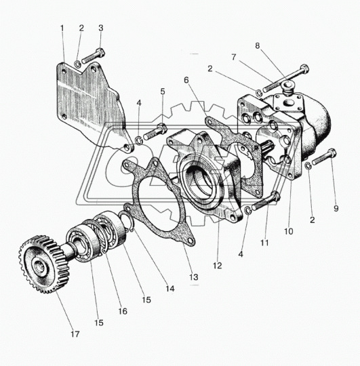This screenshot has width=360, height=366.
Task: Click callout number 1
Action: pyautogui.click(x=62, y=28)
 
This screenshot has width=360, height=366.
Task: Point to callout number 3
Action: pyautogui.click(x=101, y=28)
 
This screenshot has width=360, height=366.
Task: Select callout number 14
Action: pyautogui.click(x=169, y=288)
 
